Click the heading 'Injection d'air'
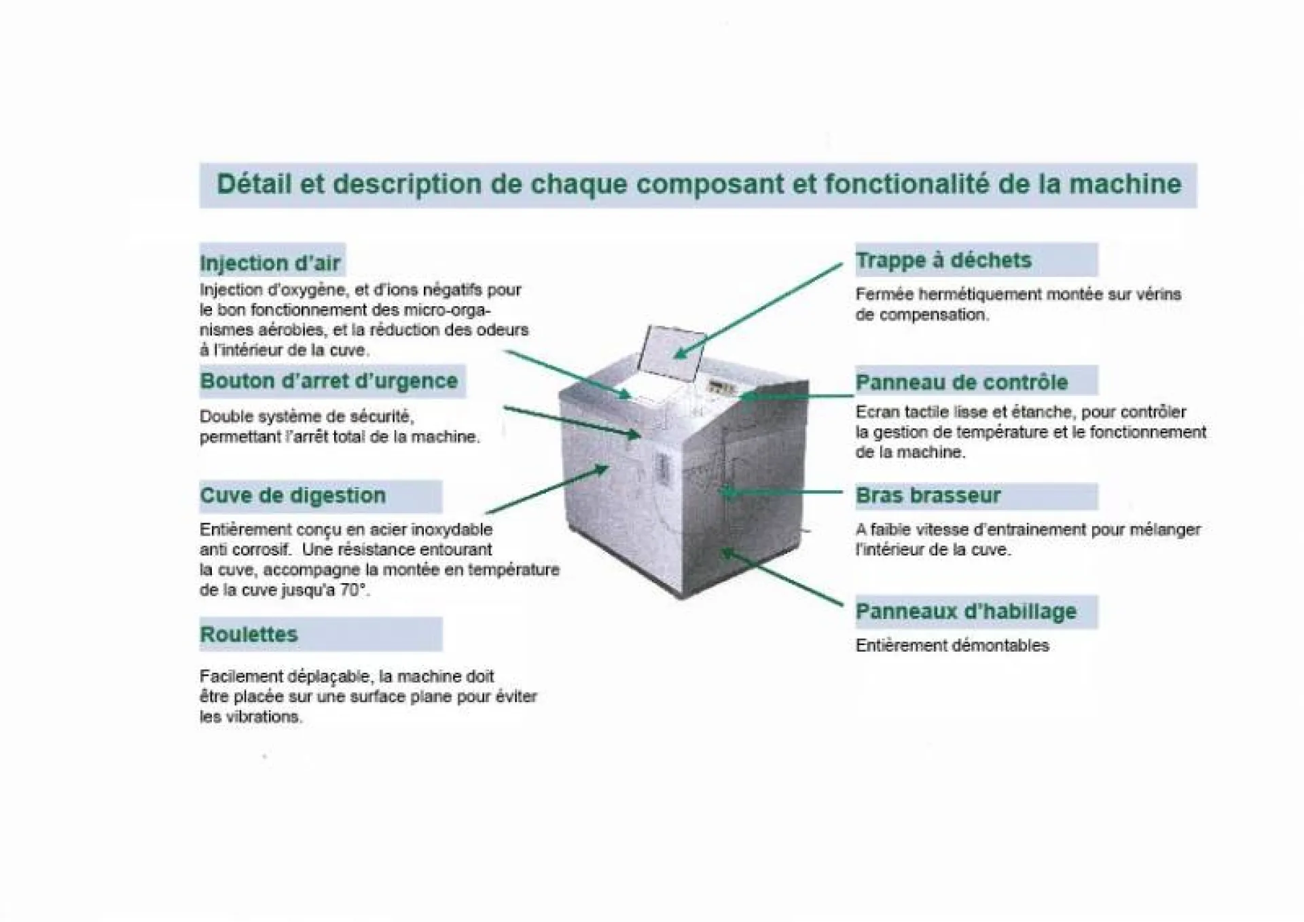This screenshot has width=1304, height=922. click(270, 263)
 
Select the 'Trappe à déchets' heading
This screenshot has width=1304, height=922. click(943, 260)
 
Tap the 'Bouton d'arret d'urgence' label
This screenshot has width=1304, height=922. click(329, 381)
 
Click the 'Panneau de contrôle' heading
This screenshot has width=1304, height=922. click(961, 382)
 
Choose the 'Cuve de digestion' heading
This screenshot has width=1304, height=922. click(293, 496)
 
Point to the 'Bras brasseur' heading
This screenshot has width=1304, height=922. click(928, 496)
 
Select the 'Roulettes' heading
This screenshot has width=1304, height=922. click(249, 634)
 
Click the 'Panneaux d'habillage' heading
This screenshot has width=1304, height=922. click(966, 611)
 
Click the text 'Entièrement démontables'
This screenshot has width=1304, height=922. click(952, 646)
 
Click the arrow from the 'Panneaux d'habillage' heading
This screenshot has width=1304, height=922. click(781, 577)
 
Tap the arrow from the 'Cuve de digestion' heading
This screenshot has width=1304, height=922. click(547, 490)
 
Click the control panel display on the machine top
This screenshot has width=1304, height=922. click(722, 389)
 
